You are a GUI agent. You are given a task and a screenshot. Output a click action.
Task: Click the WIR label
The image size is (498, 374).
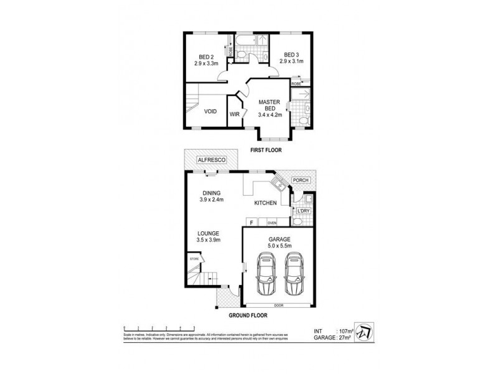coord(235,115)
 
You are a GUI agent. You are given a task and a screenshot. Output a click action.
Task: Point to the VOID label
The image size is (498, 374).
coord(210,112)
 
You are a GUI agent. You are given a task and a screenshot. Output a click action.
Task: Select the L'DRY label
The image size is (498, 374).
coord(303,211)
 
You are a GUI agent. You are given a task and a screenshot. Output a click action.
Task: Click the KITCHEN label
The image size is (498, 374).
coord(266,203)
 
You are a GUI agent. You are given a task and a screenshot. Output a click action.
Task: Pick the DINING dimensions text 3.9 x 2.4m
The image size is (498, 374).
coord(211,199)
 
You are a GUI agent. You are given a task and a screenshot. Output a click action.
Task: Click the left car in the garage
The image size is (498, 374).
coord(266,277)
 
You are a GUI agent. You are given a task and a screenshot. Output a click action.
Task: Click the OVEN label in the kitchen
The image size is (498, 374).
coord(272,223)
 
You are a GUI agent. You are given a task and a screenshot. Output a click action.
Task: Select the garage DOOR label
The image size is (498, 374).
coord(279,305)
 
